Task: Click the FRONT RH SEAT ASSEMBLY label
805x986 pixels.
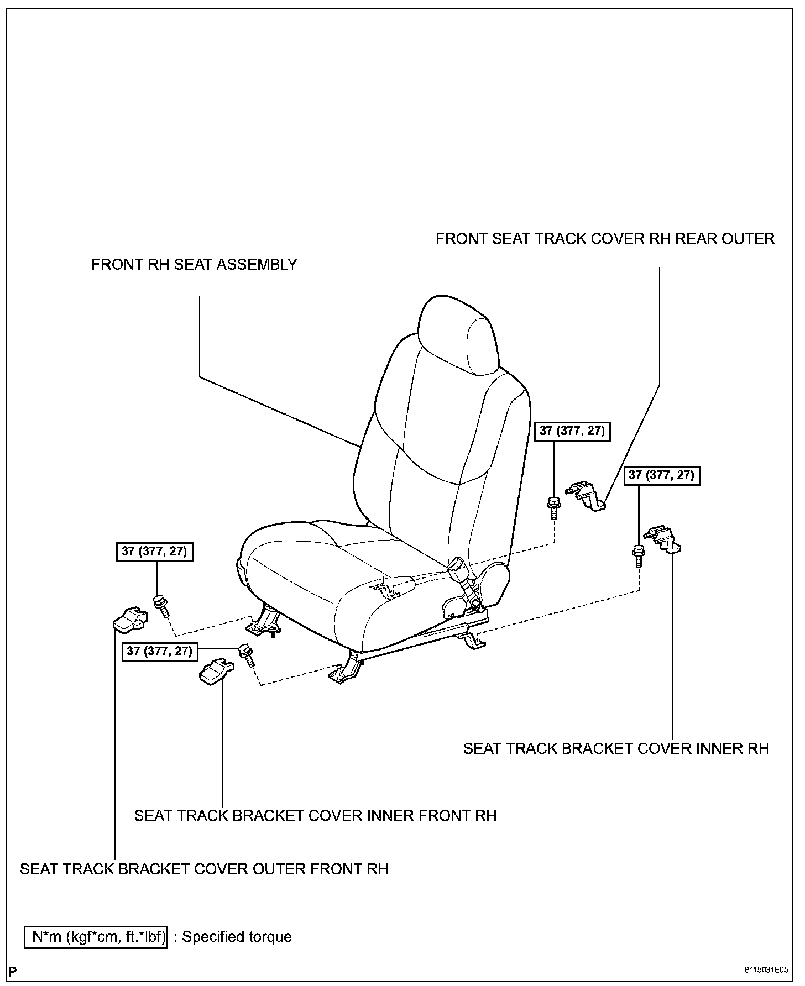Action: [x=194, y=265]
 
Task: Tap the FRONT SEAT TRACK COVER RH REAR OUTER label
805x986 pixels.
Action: [x=605, y=239]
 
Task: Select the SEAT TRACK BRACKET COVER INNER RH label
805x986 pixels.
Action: [x=616, y=748]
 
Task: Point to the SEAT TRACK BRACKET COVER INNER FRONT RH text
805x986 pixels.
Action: [x=315, y=815]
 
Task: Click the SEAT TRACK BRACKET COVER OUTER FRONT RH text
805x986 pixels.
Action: [x=204, y=869]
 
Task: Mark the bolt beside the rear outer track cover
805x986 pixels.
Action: [x=553, y=506]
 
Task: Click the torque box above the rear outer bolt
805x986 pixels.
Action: [x=572, y=431]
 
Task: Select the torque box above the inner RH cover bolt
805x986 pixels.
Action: [x=661, y=475]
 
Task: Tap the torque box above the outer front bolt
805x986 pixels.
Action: [x=155, y=552]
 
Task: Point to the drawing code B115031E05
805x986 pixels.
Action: [x=766, y=970]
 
